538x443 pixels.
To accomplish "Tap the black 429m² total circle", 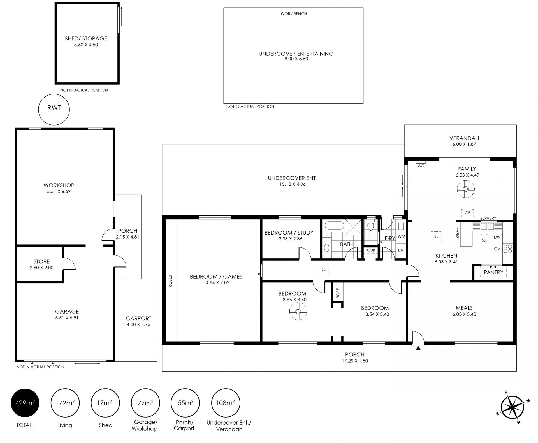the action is (x=25, y=403).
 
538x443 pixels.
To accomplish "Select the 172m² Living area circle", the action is (x=65, y=403).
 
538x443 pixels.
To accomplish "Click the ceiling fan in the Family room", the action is (x=466, y=189).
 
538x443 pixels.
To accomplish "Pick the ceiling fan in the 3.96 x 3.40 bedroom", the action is (x=298, y=311).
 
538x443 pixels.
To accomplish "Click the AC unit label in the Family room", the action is (x=421, y=166).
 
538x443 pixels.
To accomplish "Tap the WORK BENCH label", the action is (x=294, y=13).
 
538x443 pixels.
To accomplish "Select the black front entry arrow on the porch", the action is (x=418, y=348).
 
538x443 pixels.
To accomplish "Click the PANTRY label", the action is (x=493, y=272).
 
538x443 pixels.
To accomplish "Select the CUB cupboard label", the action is (x=371, y=250).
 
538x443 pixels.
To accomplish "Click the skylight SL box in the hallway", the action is (x=324, y=269).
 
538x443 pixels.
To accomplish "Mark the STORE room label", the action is (x=41, y=261).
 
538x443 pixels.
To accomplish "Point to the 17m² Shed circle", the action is (x=105, y=403).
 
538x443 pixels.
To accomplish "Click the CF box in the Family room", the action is (x=467, y=213).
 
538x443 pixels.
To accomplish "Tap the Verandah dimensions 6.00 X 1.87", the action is (x=464, y=144).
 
